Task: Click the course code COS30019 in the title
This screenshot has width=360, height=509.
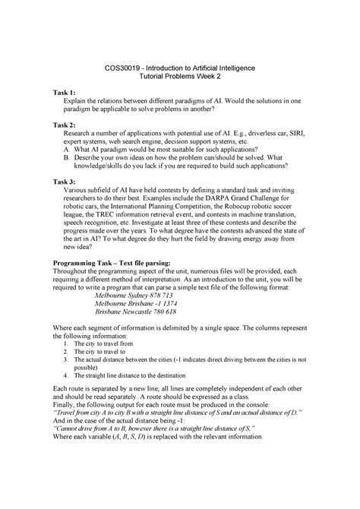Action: pyautogui.click(x=122, y=68)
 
